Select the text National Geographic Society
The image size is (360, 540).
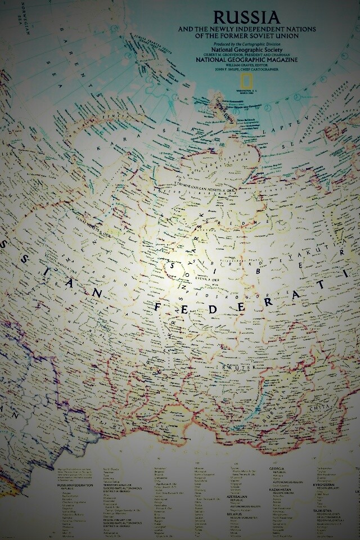point(223,49)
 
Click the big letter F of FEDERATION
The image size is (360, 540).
point(159,307)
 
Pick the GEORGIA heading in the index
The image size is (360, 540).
point(277,469)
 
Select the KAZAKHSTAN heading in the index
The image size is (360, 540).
point(280,489)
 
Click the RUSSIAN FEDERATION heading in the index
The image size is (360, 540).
point(73,485)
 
